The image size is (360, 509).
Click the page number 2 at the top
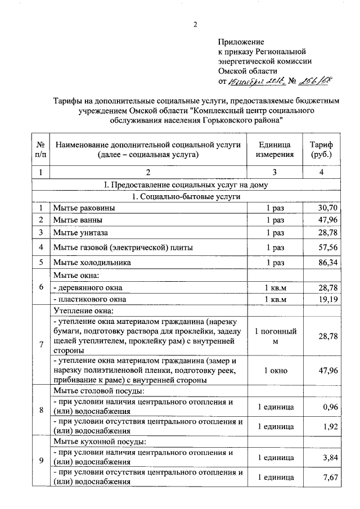point(195,25)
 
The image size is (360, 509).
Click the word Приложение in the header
point(240,42)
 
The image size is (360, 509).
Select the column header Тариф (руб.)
point(321,149)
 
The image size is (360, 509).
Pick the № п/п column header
point(40,149)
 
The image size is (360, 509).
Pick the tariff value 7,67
point(329,478)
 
